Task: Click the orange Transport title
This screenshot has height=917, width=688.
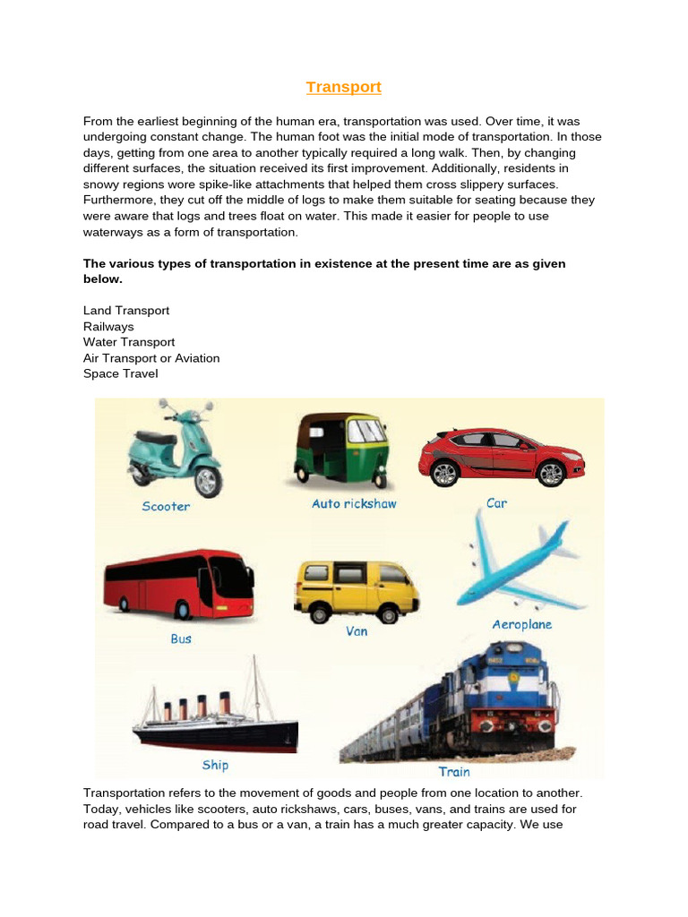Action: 343,87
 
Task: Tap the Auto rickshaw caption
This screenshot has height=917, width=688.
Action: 354,504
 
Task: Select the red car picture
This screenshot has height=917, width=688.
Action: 502,456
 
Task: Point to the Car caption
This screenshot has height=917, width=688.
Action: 496,503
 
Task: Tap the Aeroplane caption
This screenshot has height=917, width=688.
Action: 521,624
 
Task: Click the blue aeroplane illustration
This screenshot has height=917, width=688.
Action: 520,564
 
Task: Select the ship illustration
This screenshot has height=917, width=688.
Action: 215,716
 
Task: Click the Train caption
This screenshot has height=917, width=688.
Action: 454,771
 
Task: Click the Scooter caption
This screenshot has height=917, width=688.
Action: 166,507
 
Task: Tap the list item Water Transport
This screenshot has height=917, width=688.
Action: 129,342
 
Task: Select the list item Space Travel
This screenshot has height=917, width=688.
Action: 120,373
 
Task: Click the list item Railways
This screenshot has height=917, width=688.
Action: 108,327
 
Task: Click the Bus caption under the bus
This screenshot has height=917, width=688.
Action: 181,639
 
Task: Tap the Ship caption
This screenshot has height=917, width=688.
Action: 215,765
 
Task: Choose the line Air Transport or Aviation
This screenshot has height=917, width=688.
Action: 151,358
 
